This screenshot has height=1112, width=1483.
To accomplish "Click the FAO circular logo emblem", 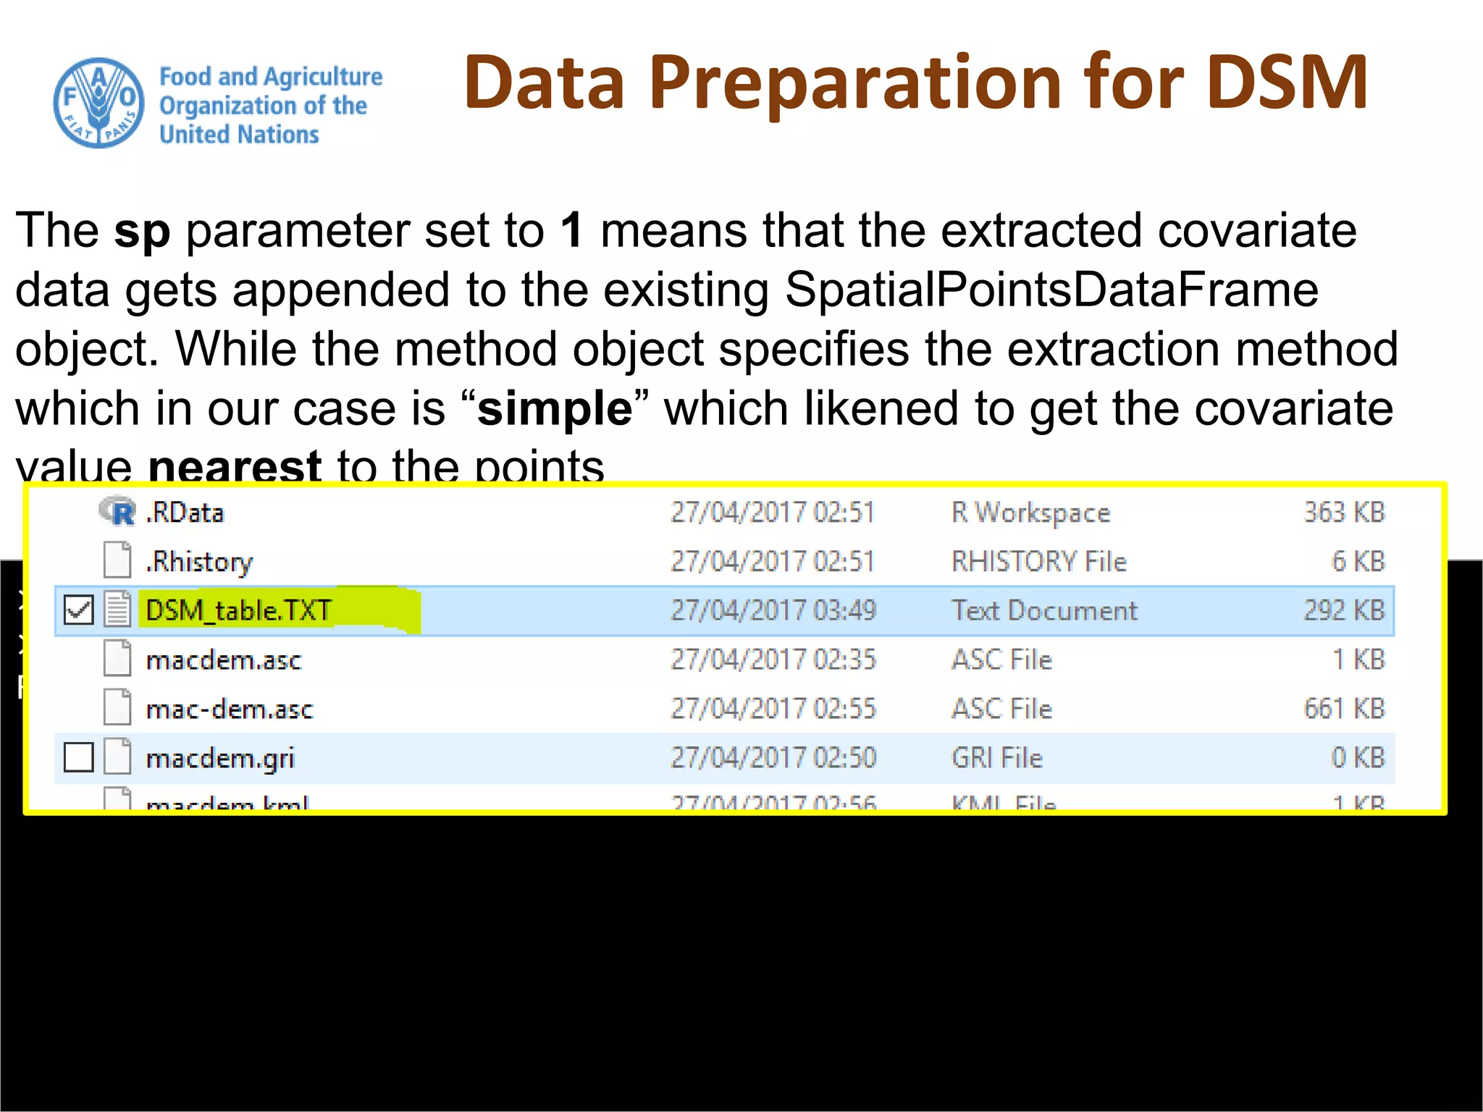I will (x=98, y=103).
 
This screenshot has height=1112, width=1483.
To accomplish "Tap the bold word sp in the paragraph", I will (x=142, y=231).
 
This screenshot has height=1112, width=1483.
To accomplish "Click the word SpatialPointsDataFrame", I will (x=1051, y=290).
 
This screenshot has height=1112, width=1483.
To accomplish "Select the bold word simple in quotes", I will (x=555, y=409).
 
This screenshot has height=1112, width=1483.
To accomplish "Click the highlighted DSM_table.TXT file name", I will (x=238, y=610).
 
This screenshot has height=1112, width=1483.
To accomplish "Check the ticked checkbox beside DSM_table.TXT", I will (x=78, y=610).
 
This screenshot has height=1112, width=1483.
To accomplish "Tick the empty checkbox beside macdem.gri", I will (x=78, y=758).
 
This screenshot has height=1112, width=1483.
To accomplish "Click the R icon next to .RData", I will (x=118, y=512).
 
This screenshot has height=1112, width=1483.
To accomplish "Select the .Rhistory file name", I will (x=199, y=562).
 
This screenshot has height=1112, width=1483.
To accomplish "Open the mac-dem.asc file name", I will (x=230, y=709).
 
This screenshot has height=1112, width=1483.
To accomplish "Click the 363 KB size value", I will (x=1344, y=513).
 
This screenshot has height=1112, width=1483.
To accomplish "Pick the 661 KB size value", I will (x=1344, y=709).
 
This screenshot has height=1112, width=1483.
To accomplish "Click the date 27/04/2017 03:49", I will (x=773, y=610).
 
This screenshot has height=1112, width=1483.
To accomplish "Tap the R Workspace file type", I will (x=1030, y=513).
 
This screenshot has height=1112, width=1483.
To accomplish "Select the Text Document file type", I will (x=1044, y=610).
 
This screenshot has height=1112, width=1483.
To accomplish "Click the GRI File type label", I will (x=997, y=758).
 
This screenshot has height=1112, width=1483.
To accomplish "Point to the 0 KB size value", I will (x=1358, y=758).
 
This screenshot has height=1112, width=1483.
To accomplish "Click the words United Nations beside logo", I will (x=239, y=135).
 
